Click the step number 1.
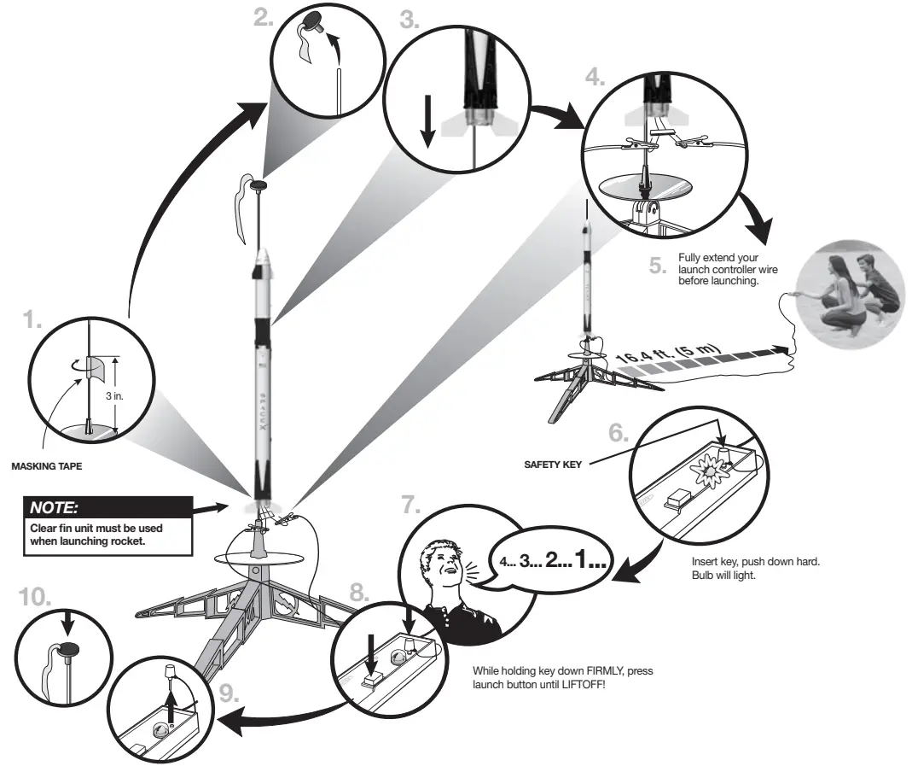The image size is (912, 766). click(x=32, y=322)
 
